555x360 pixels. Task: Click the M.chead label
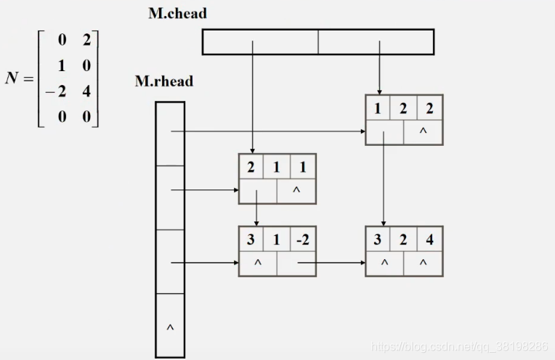(x=178, y=14)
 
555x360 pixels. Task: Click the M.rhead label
(x=164, y=81)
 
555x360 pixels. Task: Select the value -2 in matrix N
(x=56, y=91)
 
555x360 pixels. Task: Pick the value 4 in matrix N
(x=86, y=91)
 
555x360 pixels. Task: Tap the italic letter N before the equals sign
(x=12, y=78)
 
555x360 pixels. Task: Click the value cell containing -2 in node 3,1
(x=303, y=240)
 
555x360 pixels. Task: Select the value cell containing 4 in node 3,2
(x=430, y=240)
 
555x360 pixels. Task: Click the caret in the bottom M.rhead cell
(x=170, y=327)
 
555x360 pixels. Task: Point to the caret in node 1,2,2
(x=423, y=131)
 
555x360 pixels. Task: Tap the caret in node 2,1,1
(x=296, y=190)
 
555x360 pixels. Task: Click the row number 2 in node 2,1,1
(x=251, y=167)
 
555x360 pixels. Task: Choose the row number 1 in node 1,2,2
(x=377, y=108)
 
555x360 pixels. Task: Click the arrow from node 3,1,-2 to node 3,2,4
(x=331, y=263)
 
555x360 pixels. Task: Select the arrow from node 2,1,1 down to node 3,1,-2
(x=256, y=208)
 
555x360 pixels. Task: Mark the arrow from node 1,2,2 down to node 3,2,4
(x=384, y=179)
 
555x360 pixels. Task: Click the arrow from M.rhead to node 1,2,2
(x=268, y=131)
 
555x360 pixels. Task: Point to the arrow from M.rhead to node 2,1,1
(x=205, y=190)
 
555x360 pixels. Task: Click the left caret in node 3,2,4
(x=385, y=263)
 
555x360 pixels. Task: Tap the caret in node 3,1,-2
(x=258, y=263)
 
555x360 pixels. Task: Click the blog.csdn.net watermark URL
(x=459, y=346)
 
